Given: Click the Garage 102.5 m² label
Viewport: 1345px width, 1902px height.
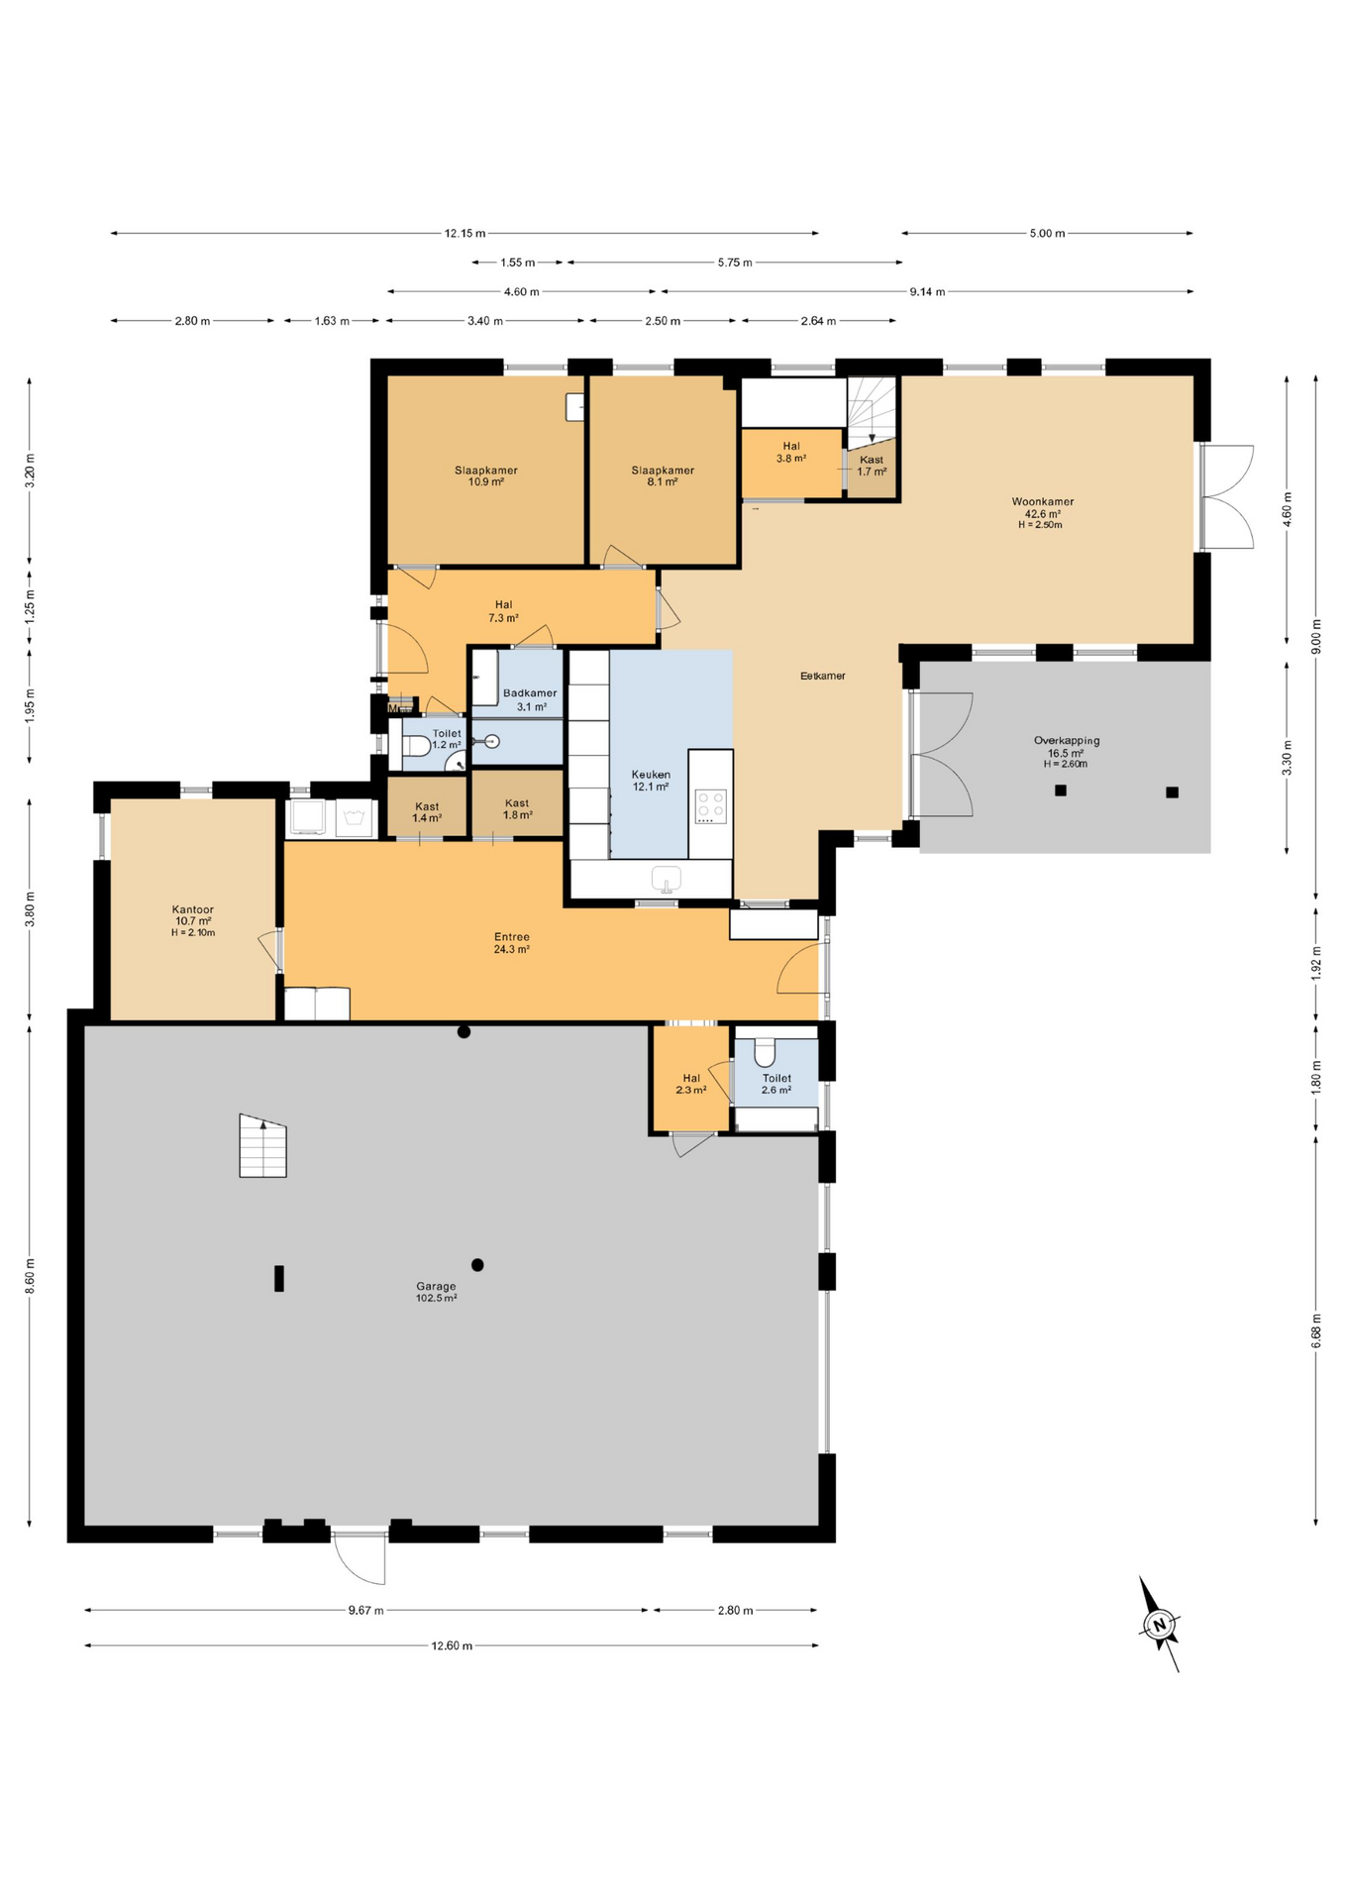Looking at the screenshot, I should point(436,1292).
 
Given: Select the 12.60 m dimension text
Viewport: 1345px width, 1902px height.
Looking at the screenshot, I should point(452,1645).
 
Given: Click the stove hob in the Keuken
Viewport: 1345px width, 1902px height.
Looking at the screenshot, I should point(710,805).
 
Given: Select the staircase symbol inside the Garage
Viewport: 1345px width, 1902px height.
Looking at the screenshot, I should point(262,1146).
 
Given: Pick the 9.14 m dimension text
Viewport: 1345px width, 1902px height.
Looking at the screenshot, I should point(926,291).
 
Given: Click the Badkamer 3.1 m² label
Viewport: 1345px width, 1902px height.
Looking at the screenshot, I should point(530,699).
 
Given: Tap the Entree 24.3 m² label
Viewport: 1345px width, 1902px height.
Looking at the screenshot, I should point(511,942).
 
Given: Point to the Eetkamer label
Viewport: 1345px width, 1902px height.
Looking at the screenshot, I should point(822,676).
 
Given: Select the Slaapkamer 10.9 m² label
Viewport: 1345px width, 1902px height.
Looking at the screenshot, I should point(485,475).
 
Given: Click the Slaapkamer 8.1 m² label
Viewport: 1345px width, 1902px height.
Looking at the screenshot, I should point(663,475).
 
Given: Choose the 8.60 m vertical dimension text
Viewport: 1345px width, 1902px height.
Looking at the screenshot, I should point(30,1275).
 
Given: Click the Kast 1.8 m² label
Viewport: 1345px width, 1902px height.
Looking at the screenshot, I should point(516,808).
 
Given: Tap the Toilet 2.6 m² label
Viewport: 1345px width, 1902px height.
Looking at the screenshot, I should point(776,1083).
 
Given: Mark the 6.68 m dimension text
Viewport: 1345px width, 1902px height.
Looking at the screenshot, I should point(1315,1330).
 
